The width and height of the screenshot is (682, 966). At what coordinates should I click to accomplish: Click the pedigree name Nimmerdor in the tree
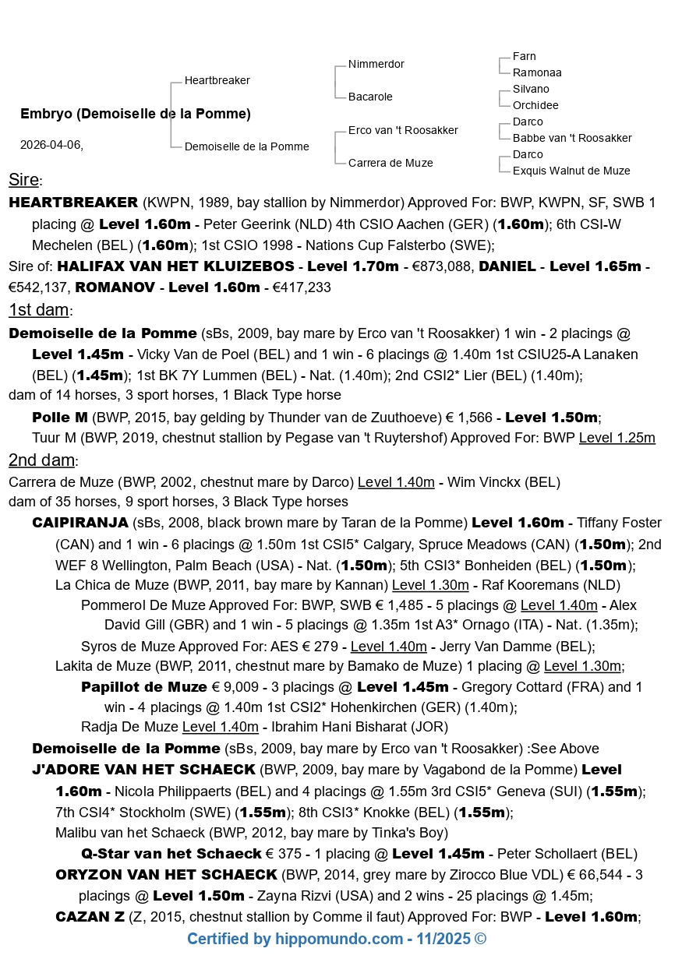[x=376, y=64]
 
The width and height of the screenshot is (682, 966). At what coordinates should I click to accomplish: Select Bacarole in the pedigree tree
[x=370, y=97]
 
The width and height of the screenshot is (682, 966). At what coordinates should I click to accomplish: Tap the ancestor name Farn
[x=524, y=56]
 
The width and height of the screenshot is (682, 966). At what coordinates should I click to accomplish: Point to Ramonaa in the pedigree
[x=537, y=72]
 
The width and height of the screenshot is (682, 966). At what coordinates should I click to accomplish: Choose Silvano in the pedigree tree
[x=531, y=89]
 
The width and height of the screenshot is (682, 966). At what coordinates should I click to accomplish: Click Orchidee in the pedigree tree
[x=535, y=105]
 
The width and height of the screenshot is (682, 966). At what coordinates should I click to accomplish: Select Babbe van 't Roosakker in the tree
[x=572, y=138]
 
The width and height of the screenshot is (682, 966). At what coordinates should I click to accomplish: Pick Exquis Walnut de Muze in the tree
[x=571, y=171]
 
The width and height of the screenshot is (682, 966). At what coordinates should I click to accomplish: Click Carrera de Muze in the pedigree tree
[x=390, y=163]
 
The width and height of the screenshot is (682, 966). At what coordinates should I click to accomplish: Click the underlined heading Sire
[x=23, y=181]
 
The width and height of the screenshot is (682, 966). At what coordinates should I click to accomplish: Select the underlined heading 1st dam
[x=38, y=310]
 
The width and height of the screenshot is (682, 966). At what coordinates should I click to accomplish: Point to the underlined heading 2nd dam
[x=41, y=460]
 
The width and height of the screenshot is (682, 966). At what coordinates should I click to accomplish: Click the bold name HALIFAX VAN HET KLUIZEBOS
[x=176, y=266]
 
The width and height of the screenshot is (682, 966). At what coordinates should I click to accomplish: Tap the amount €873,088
[x=439, y=266]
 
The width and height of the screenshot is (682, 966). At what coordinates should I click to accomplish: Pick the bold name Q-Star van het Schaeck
[x=171, y=854]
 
